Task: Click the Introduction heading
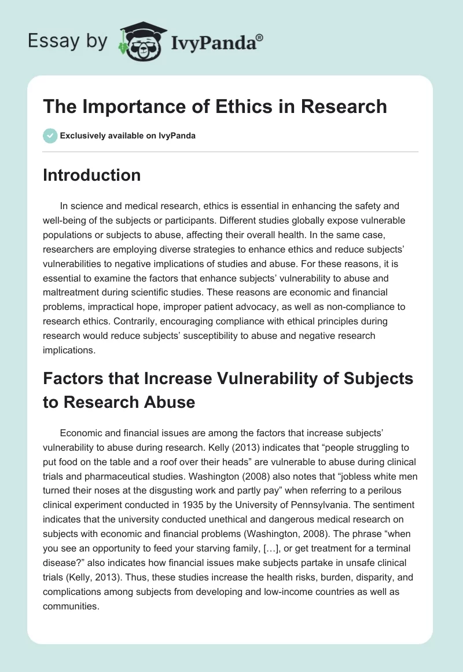pos(91,175)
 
